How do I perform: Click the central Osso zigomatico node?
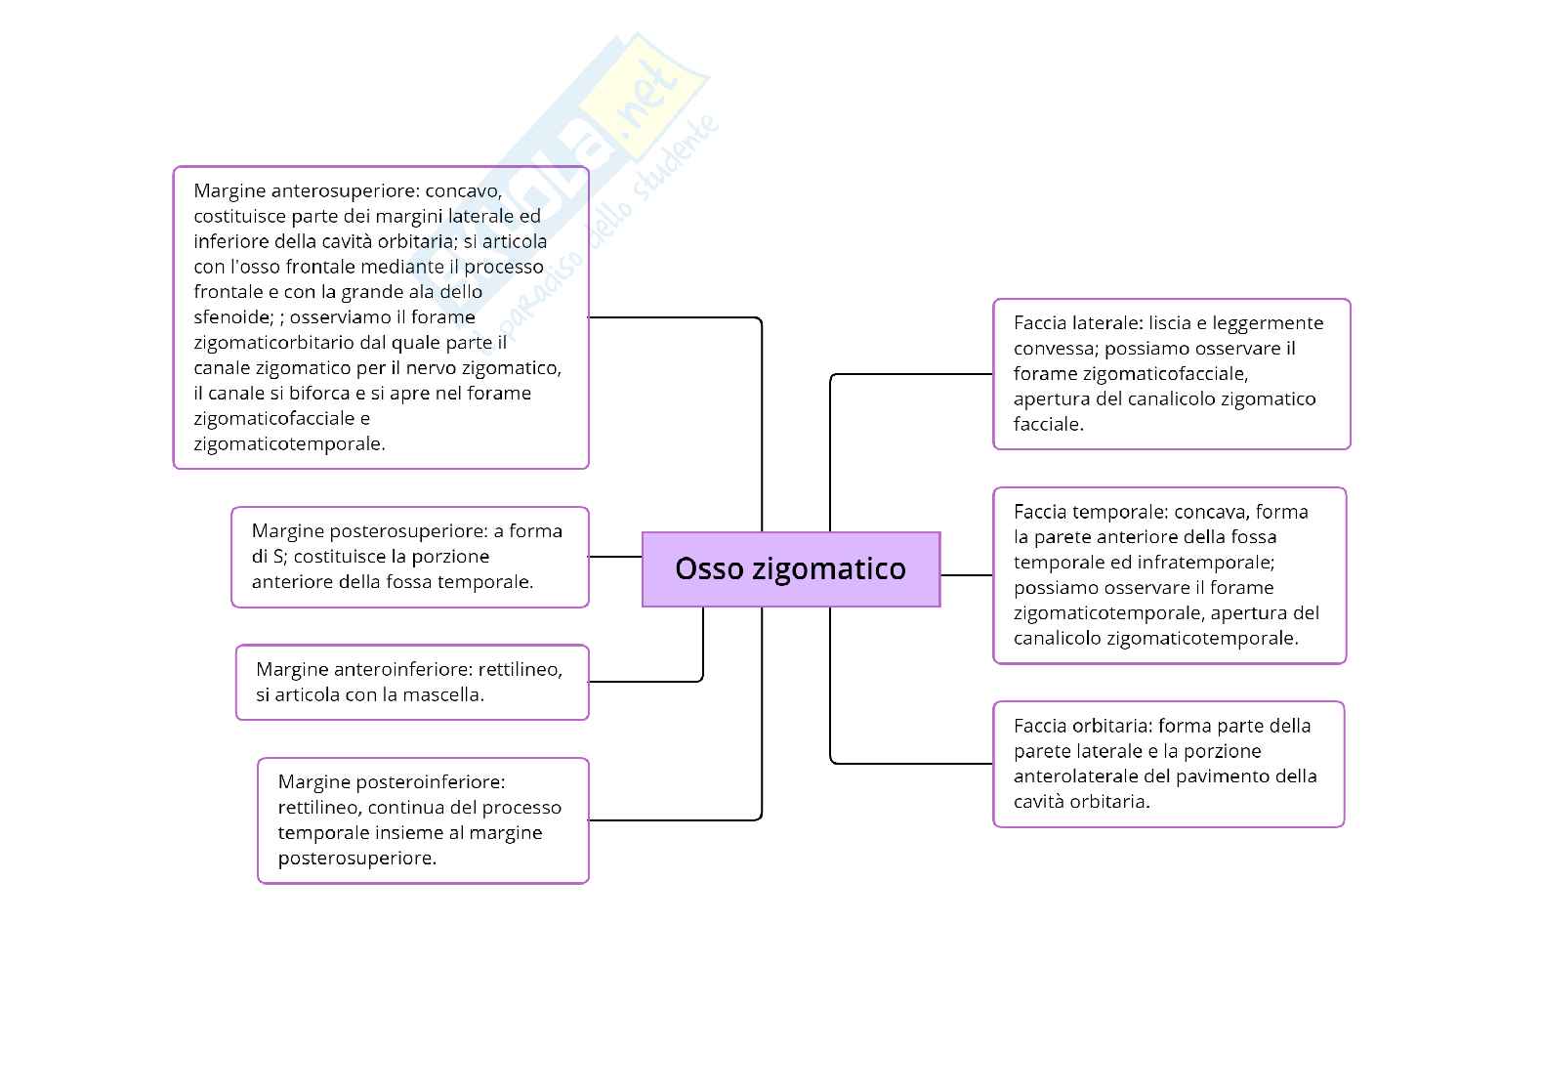pos(790,568)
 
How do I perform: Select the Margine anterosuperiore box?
pos(381,317)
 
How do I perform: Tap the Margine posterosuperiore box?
pos(410,557)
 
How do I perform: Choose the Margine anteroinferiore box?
pos(412,682)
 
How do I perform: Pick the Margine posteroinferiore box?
pos(423,820)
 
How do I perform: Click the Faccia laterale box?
pos(1171,374)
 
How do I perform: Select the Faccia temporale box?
pos(1169,575)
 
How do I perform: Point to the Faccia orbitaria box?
pos(1168,764)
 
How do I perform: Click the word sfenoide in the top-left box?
pos(231,316)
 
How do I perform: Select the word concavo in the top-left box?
pos(463,189)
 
